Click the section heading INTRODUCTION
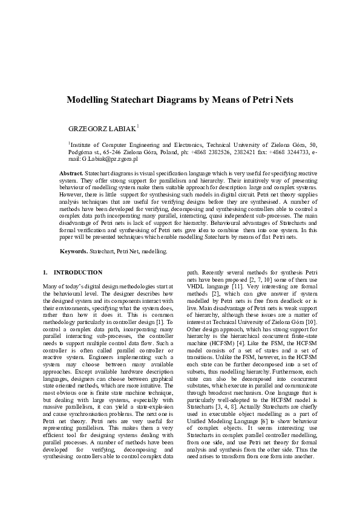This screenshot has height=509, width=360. point(77,273)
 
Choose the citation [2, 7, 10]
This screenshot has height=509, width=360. point(260,288)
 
